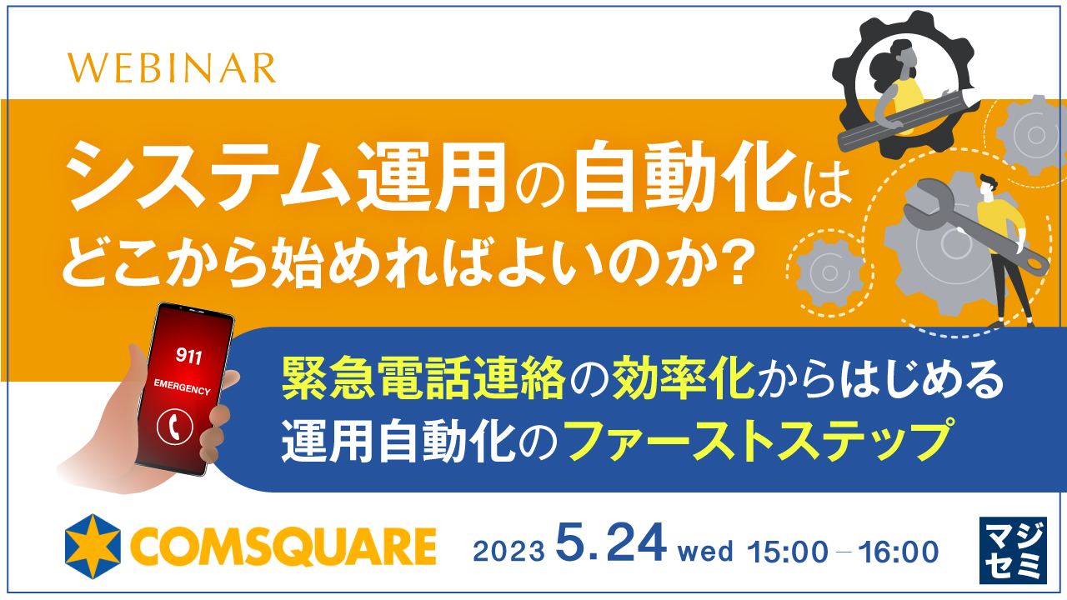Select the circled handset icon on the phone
175,426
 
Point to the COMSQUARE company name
284,547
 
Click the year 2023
508,552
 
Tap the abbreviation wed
705,552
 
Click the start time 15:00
788,552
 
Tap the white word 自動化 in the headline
684,183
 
